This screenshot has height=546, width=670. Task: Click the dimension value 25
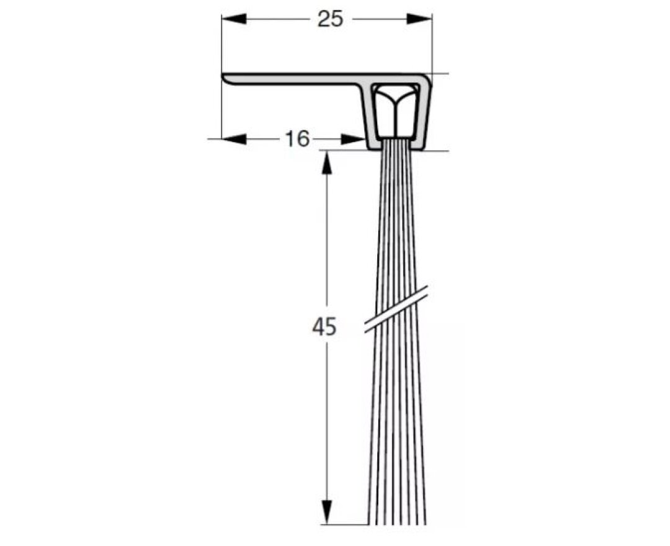click(x=330, y=19)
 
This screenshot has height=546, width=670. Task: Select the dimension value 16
click(x=297, y=139)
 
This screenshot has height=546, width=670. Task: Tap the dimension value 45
click(x=324, y=326)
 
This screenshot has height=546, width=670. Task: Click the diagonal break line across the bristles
click(x=397, y=308)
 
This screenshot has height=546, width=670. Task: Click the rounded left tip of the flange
click(x=225, y=78)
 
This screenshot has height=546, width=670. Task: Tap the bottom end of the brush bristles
click(x=397, y=521)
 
